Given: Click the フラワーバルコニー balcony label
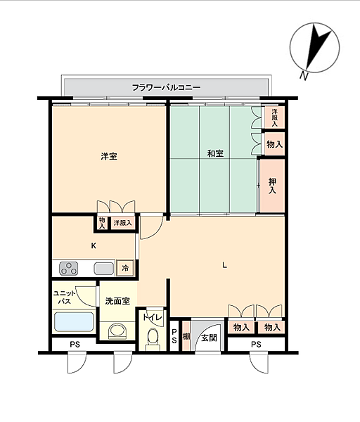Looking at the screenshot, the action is [x=166, y=87].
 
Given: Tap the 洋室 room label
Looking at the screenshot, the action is [x=109, y=156].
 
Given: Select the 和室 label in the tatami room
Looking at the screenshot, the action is [x=215, y=153].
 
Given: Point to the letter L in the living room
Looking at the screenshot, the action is [x=224, y=265].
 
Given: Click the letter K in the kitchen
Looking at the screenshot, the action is [x=94, y=245].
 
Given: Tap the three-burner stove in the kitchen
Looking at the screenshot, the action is [x=69, y=269].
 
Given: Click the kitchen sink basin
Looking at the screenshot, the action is [x=104, y=269].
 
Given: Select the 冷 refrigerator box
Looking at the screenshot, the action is [x=125, y=268].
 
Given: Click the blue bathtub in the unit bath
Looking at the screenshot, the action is [x=74, y=321].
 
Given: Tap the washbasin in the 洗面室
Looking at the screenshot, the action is [x=117, y=331].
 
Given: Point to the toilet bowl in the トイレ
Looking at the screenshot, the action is [x=153, y=336].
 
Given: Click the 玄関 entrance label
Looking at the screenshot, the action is [x=209, y=338].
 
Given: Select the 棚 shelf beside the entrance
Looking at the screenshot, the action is [x=186, y=336].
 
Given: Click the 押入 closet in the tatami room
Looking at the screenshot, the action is [x=272, y=186].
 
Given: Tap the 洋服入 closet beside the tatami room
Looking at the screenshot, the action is [x=274, y=117].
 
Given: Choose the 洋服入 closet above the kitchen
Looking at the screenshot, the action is [x=122, y=223].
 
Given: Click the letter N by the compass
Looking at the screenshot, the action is [x=304, y=76].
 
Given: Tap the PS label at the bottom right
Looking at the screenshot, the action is [x=256, y=344].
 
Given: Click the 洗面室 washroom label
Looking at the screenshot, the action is [x=117, y=301].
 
